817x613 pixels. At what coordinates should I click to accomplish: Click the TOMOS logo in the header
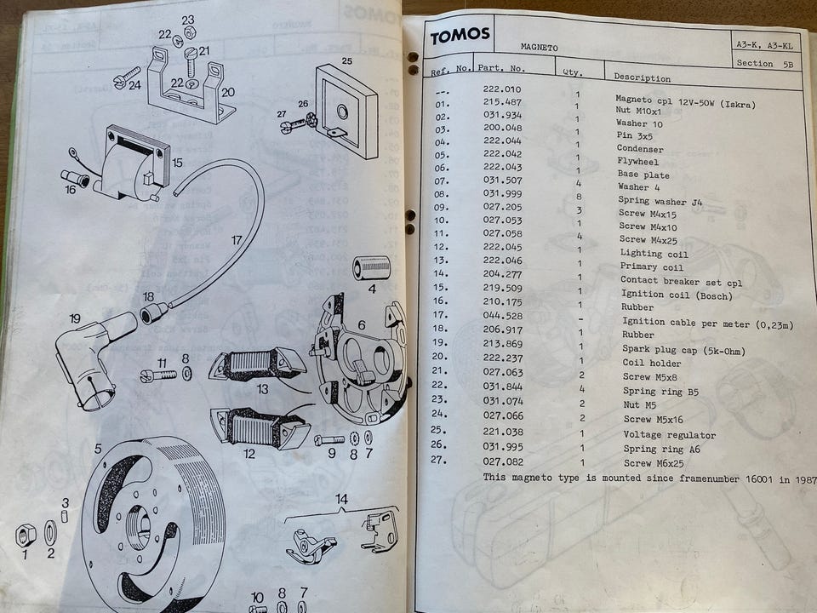[x=460, y=36]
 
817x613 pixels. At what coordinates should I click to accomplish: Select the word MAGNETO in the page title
[x=539, y=48]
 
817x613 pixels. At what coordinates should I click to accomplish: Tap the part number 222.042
[x=502, y=154]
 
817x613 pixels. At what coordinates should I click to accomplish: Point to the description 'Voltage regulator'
[x=669, y=435]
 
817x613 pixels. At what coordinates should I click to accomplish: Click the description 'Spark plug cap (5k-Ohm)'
[x=683, y=350]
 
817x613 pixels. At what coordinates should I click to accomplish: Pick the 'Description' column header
[x=642, y=77]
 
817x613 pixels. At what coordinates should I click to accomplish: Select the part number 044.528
[x=503, y=315]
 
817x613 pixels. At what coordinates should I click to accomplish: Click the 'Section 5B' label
[x=764, y=64]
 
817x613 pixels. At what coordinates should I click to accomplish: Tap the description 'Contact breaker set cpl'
[x=681, y=282]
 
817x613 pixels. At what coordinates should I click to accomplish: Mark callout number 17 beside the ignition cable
[x=237, y=240]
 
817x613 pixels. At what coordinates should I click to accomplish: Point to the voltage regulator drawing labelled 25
[x=346, y=112]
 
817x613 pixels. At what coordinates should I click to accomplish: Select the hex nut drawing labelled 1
[x=26, y=536]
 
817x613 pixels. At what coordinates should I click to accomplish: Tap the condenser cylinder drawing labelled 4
[x=371, y=268]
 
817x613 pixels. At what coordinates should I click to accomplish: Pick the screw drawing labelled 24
[x=127, y=77]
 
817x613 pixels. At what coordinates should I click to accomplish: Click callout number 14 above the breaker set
[x=341, y=500]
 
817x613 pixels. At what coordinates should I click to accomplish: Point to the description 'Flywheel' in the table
[x=637, y=162]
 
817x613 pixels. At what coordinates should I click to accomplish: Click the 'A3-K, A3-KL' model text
[x=764, y=45]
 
